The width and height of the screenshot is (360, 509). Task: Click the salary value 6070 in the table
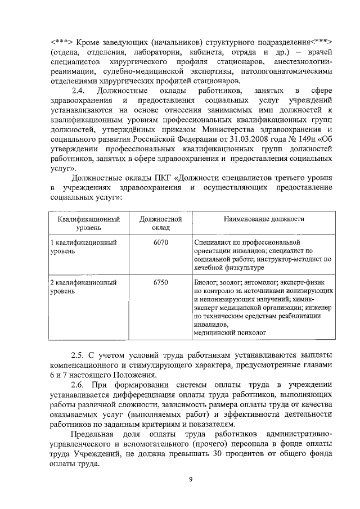(160, 242)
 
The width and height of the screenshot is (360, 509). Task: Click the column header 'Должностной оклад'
(160, 224)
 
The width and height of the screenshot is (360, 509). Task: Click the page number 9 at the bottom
(191, 479)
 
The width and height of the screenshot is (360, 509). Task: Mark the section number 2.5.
(80, 355)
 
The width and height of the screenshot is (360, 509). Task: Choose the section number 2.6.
(80, 385)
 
